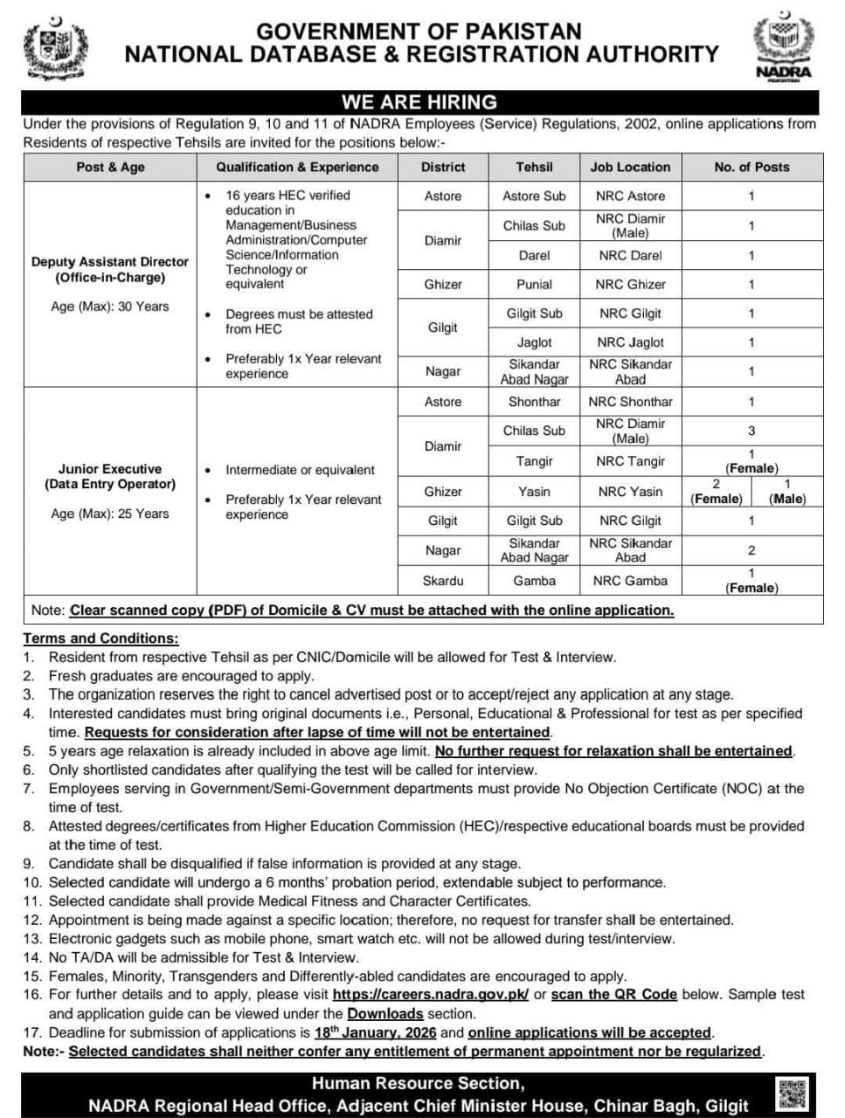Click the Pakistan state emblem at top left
pyautogui.click(x=55, y=49)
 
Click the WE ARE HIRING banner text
pyautogui.click(x=419, y=101)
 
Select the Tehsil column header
pyautogui.click(x=534, y=167)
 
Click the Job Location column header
pyautogui.click(x=630, y=167)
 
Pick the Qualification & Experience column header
pyautogui.click(x=297, y=167)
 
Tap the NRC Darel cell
pyautogui.click(x=630, y=255)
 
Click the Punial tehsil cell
pyautogui.click(x=534, y=284)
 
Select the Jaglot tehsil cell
pyautogui.click(x=534, y=342)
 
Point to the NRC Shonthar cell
pyautogui.click(x=630, y=402)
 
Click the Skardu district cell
pyautogui.click(x=442, y=580)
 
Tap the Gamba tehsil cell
pyautogui.click(x=534, y=580)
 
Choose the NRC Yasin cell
pyautogui.click(x=630, y=492)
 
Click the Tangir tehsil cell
pyautogui.click(x=534, y=461)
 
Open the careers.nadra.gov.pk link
pyautogui.click(x=431, y=995)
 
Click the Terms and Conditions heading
pyautogui.click(x=100, y=638)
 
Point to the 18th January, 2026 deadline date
pyautogui.click(x=375, y=1032)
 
